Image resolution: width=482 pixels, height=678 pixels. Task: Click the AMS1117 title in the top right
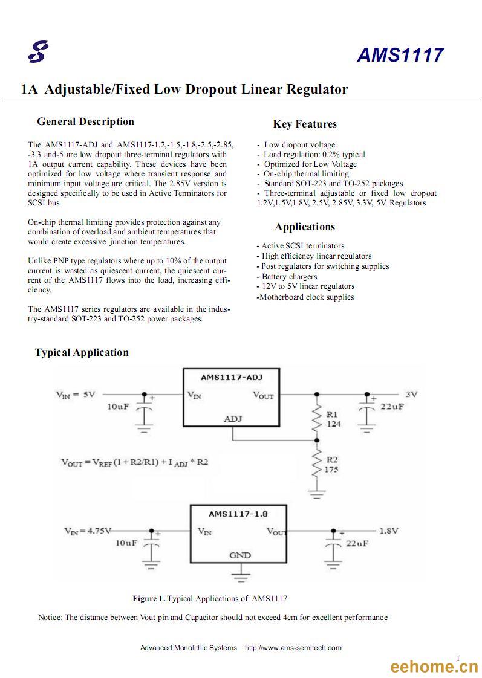tap(400, 55)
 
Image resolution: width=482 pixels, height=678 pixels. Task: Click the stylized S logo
tap(38, 51)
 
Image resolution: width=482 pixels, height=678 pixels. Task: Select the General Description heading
tap(86, 121)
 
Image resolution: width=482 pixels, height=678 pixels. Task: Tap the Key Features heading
tap(305, 124)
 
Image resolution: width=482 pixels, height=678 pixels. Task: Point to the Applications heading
tap(305, 227)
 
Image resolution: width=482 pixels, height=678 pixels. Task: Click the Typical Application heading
tap(82, 352)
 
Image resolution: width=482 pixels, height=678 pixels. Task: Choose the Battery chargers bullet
tap(287, 276)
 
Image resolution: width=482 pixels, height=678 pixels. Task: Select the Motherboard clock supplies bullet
tap(305, 297)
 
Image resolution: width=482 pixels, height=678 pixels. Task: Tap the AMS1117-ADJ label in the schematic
tap(232, 377)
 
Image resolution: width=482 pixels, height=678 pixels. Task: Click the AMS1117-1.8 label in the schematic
tap(238, 514)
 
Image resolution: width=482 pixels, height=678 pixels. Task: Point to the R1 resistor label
tap(332, 415)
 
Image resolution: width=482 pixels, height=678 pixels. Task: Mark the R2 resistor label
tap(332, 460)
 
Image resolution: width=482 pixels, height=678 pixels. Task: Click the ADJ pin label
tap(233, 419)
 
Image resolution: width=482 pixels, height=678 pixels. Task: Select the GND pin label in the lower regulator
tap(239, 555)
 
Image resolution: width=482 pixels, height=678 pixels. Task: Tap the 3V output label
tap(411, 395)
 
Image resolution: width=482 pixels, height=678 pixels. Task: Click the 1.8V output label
tap(388, 531)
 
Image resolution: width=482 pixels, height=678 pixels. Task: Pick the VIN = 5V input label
tap(75, 395)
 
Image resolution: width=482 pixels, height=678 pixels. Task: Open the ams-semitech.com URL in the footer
tap(293, 648)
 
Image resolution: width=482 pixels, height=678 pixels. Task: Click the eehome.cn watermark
tap(434, 667)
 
